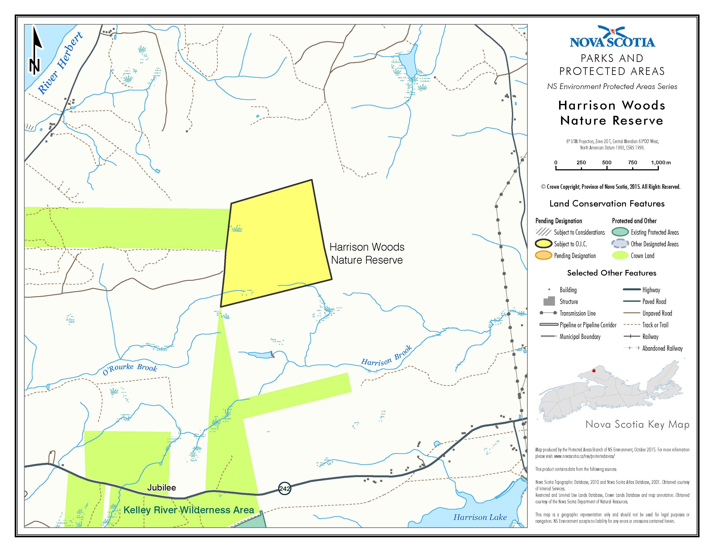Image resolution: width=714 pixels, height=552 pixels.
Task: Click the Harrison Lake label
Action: point(480,517)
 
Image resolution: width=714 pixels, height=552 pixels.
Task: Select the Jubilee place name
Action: point(161,487)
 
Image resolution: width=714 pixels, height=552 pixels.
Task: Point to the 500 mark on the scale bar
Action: point(607,163)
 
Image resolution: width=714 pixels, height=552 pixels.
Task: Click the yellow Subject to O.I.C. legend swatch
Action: point(543,244)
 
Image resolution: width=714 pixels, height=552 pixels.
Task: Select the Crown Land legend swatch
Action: point(620,256)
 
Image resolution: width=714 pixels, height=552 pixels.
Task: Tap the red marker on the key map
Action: point(594,371)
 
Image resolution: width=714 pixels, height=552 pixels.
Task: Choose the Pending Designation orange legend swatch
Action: point(543,256)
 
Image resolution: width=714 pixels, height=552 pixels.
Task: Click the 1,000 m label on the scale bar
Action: point(660,163)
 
